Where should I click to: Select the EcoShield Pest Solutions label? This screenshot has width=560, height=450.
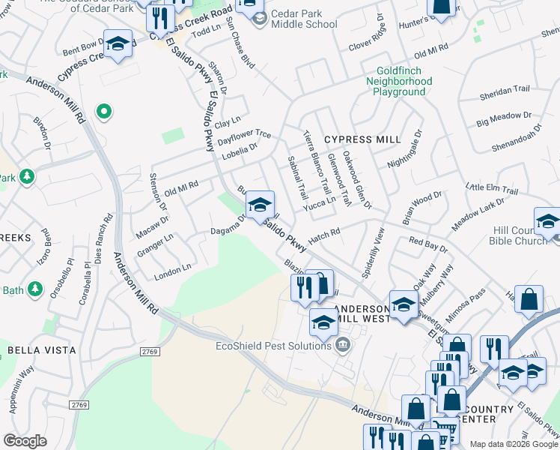pyautogui.click(x=273, y=346)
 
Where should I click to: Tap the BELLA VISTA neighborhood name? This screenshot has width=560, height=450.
pyautogui.click(x=41, y=350)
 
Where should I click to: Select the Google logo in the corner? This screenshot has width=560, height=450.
pyautogui.click(x=25, y=441)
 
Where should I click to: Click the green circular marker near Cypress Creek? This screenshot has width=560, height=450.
pyautogui.click(x=104, y=113)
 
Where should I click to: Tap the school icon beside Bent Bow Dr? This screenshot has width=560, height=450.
pyautogui.click(x=118, y=44)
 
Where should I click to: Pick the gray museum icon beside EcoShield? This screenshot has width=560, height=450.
pyautogui.click(x=343, y=346)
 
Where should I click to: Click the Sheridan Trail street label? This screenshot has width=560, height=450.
pyautogui.click(x=507, y=89)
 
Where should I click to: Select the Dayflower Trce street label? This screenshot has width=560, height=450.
pyautogui.click(x=244, y=134)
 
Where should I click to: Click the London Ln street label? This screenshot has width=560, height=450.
pyautogui.click(x=172, y=271)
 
